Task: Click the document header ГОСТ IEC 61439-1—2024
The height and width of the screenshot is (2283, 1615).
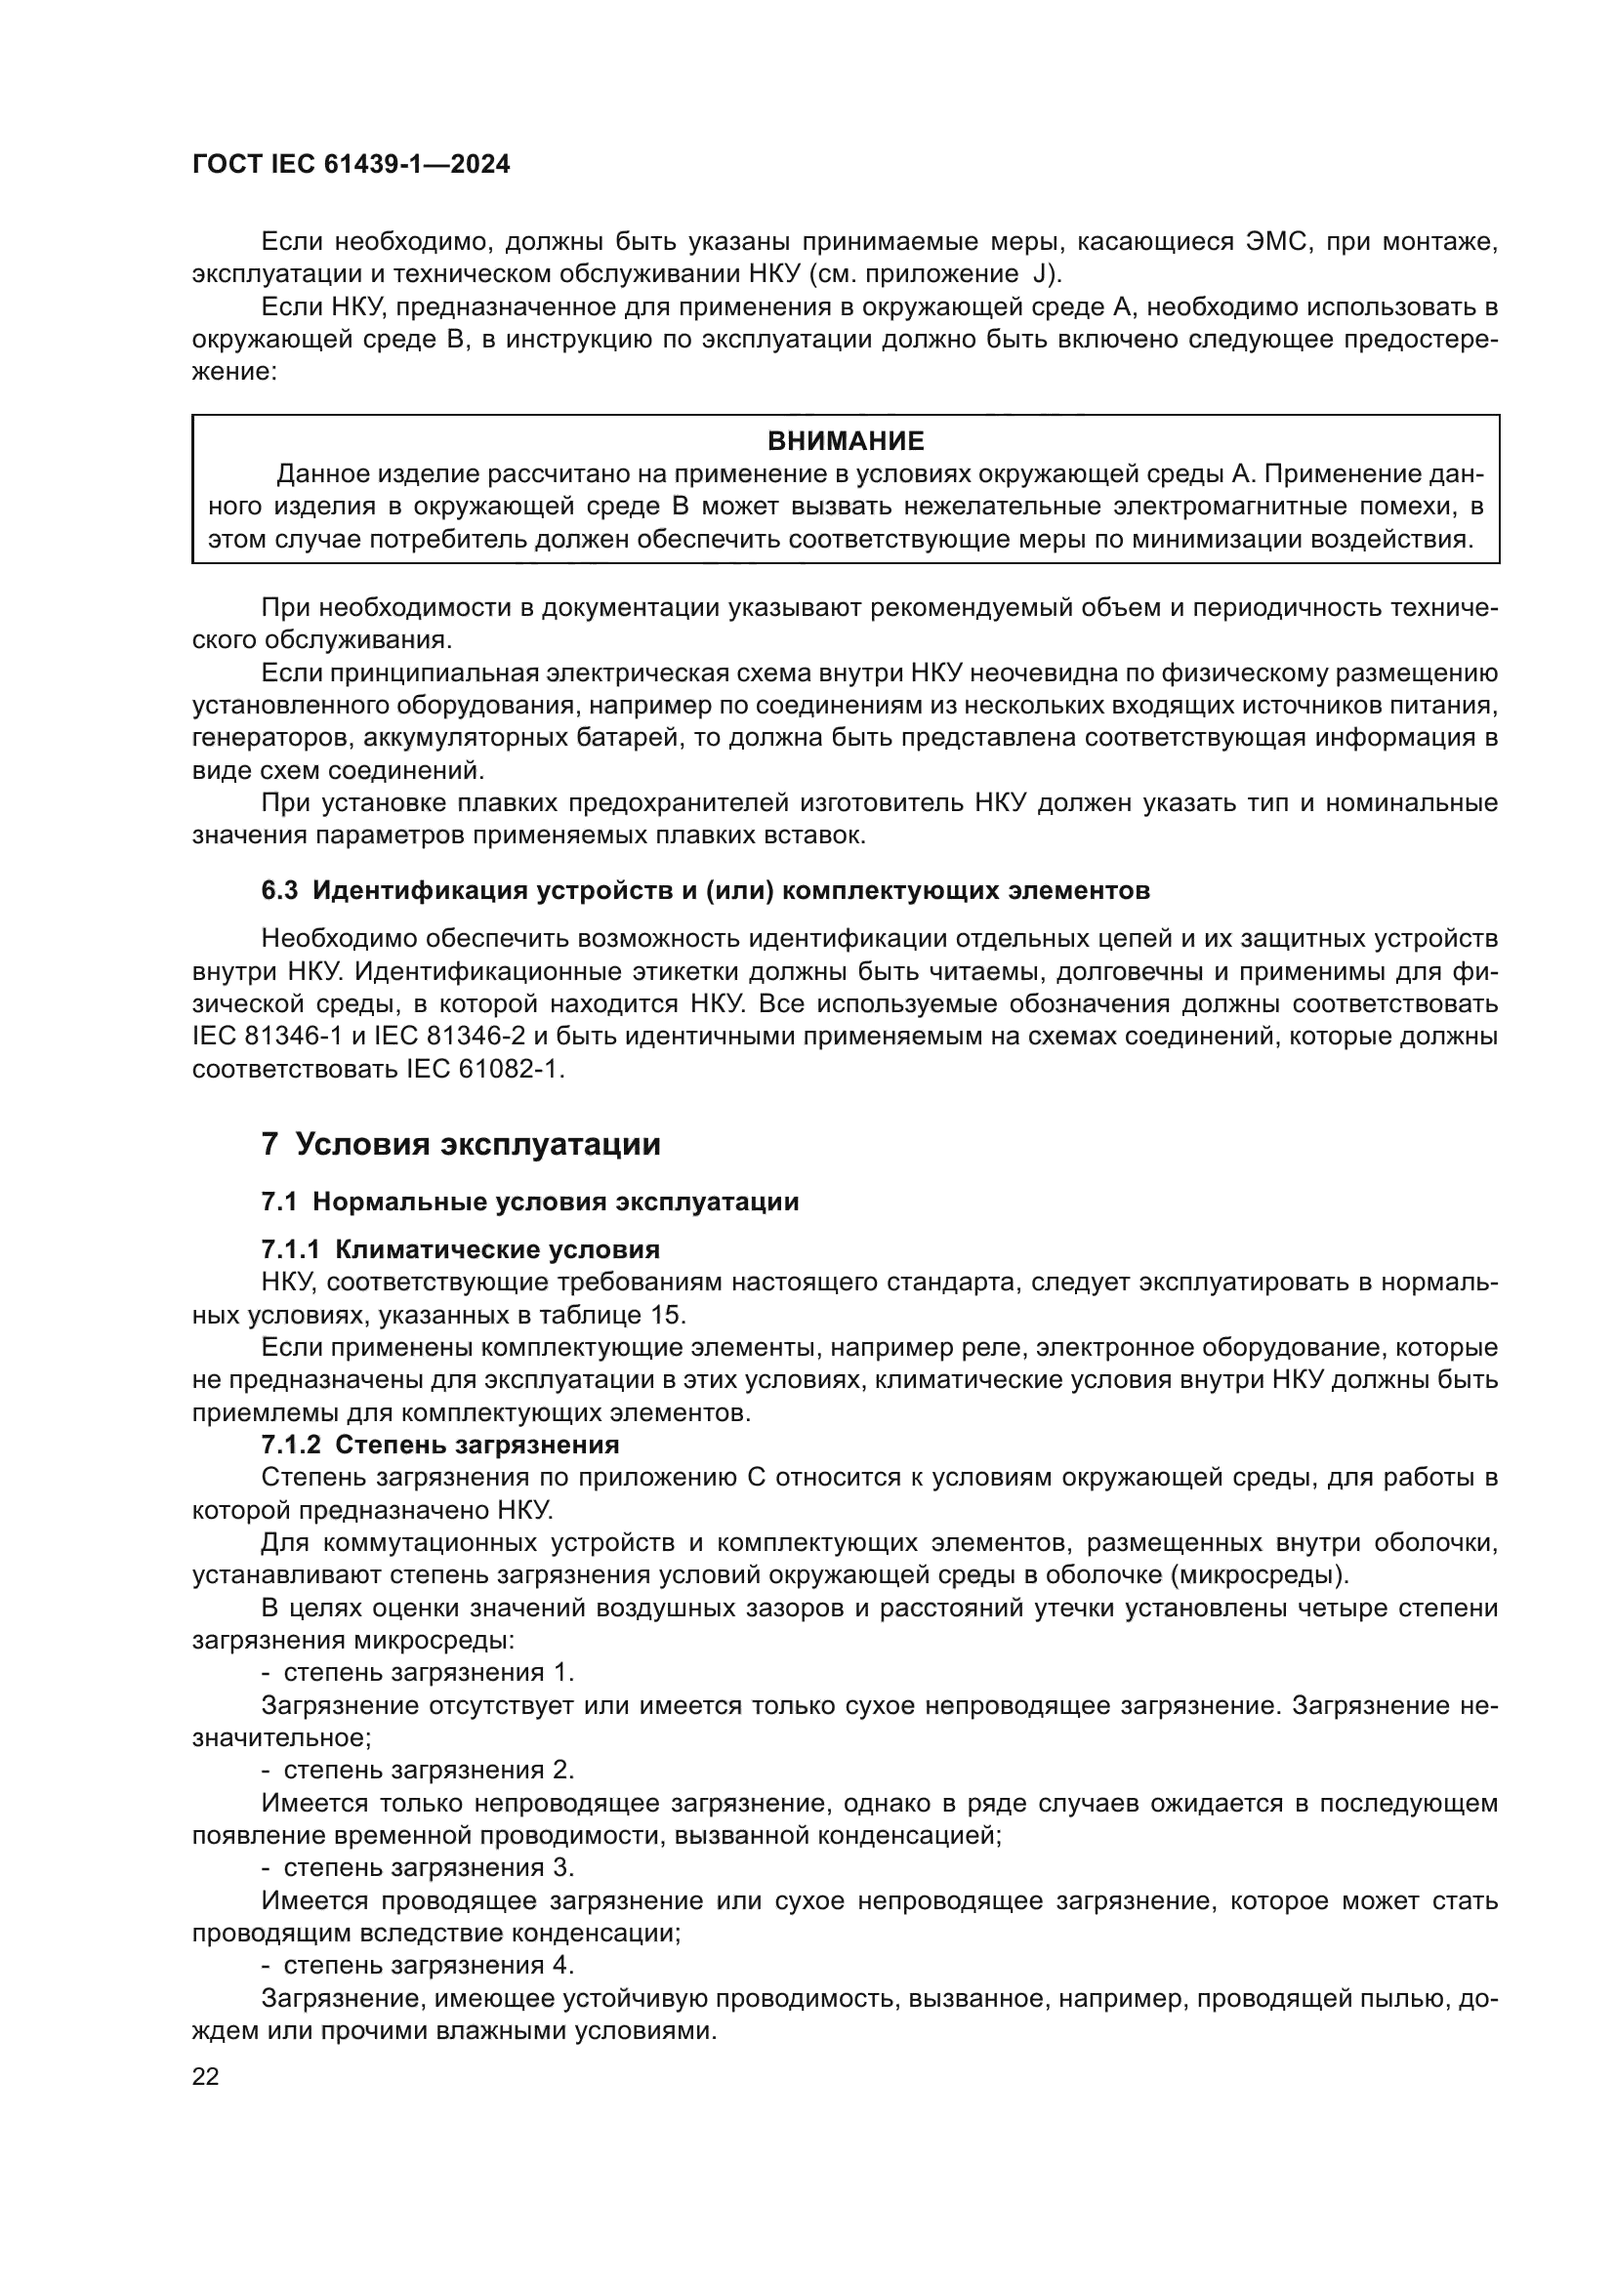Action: tap(352, 165)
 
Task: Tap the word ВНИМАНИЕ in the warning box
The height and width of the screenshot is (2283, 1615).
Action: tap(846, 440)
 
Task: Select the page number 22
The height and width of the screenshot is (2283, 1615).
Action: tap(205, 2076)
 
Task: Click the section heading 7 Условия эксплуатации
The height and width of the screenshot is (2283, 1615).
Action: tap(461, 1145)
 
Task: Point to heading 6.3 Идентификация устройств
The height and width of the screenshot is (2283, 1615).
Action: tap(705, 890)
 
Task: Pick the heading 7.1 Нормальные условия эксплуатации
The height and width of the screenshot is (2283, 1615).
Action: tap(530, 1202)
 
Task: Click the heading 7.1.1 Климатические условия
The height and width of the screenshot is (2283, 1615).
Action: tap(461, 1249)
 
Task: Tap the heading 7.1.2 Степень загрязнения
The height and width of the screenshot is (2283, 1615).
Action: tap(439, 1444)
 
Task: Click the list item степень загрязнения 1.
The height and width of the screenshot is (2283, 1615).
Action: tap(428, 1671)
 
